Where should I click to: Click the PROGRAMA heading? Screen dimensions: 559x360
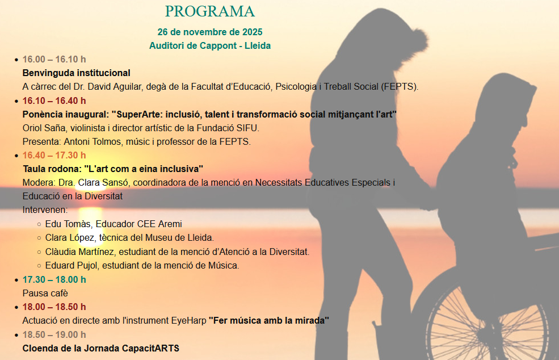coord(209,11)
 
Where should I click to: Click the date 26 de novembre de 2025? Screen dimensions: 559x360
coord(210,32)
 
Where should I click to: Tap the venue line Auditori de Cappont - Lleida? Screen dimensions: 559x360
coord(210,45)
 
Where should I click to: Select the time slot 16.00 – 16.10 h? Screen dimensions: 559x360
coord(54,59)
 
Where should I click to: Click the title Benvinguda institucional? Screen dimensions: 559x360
coord(76,73)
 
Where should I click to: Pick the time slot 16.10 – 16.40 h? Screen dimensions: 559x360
coord(54,101)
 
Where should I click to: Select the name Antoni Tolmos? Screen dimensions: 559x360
coord(93,141)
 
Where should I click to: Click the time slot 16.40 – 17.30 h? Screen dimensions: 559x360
coord(54,155)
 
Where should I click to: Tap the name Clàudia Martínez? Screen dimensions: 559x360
coord(79,252)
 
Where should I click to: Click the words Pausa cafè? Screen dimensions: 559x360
coord(45,293)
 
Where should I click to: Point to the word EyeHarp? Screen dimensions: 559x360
coord(188,321)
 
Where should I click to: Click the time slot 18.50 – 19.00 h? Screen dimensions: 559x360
coord(54,334)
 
